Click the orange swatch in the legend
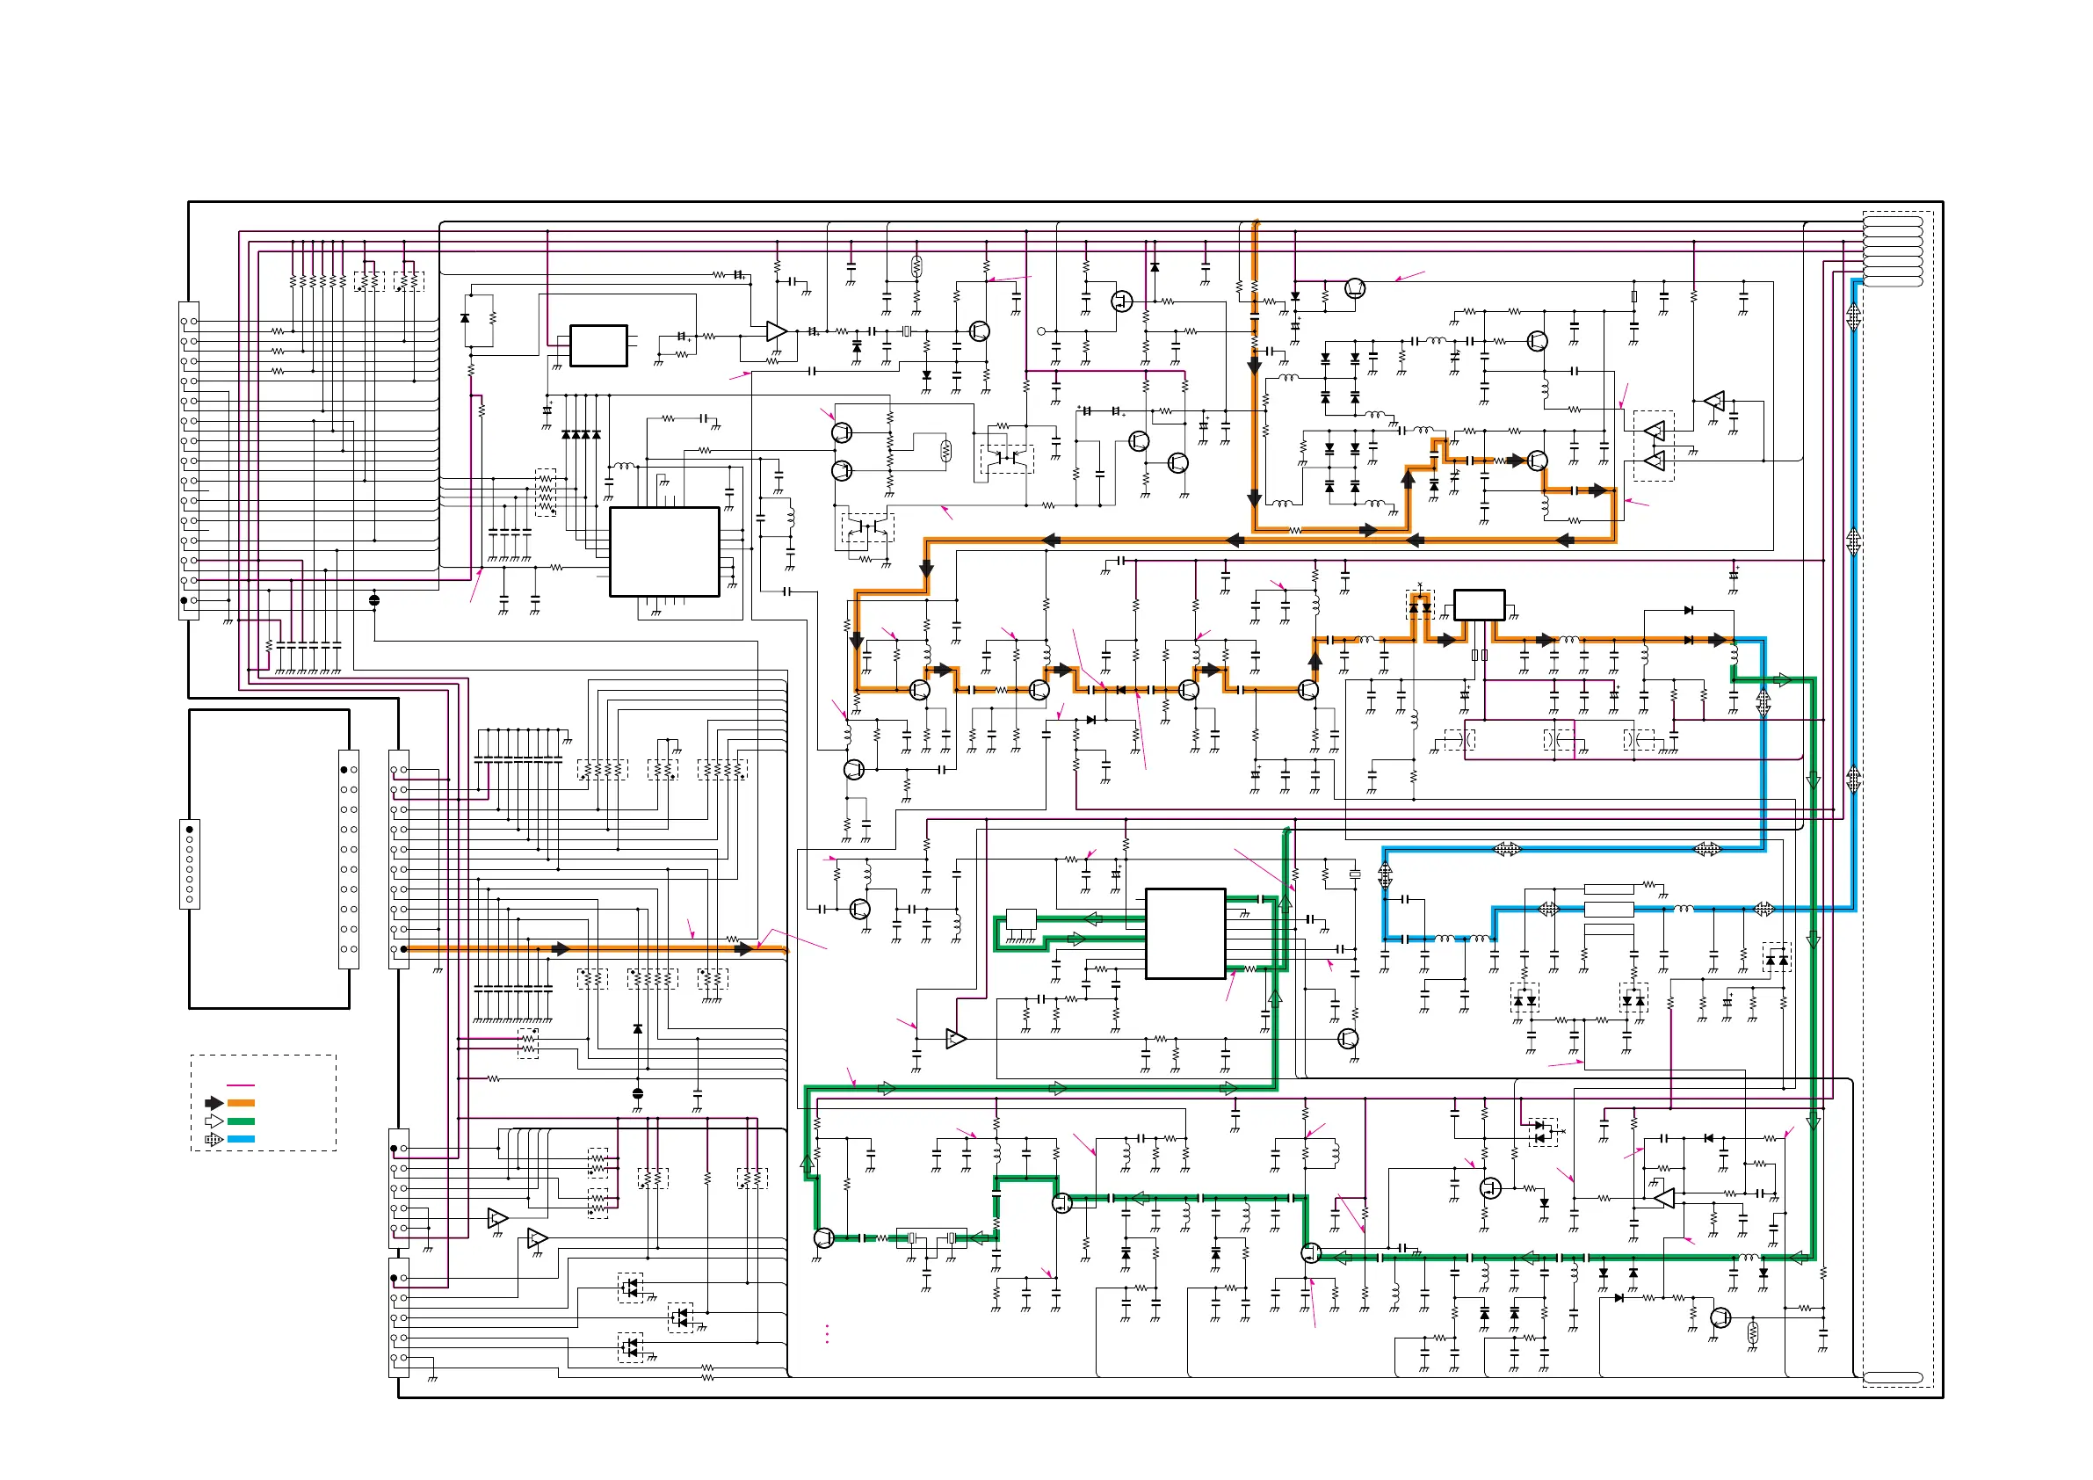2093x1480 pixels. pos(241,1102)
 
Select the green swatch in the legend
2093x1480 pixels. pos(241,1121)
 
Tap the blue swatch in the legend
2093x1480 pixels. pos(241,1139)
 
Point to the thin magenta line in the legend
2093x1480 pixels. pos(241,1085)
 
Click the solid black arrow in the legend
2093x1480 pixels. pos(214,1102)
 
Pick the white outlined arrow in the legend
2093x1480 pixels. pos(214,1121)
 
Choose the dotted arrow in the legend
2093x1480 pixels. pos(214,1139)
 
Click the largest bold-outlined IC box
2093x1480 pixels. pos(663,552)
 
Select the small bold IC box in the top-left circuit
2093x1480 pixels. pos(598,345)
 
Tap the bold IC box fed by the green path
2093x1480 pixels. pos(1185,932)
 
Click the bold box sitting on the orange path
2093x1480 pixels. pos(1479,605)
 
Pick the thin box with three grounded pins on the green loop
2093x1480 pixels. pos(1021,918)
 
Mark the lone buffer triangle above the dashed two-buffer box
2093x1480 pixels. pos(1714,400)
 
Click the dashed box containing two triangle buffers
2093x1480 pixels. pos(1654,446)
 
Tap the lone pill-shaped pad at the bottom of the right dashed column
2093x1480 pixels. pos(1893,1378)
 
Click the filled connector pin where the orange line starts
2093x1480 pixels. pos(404,949)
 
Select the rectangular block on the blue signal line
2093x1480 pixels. pos(1609,909)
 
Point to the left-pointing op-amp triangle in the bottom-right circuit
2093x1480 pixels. pos(1663,1197)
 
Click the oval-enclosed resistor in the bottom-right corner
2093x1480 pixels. pos(1752,1334)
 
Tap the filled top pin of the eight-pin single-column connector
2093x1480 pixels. pos(190,830)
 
